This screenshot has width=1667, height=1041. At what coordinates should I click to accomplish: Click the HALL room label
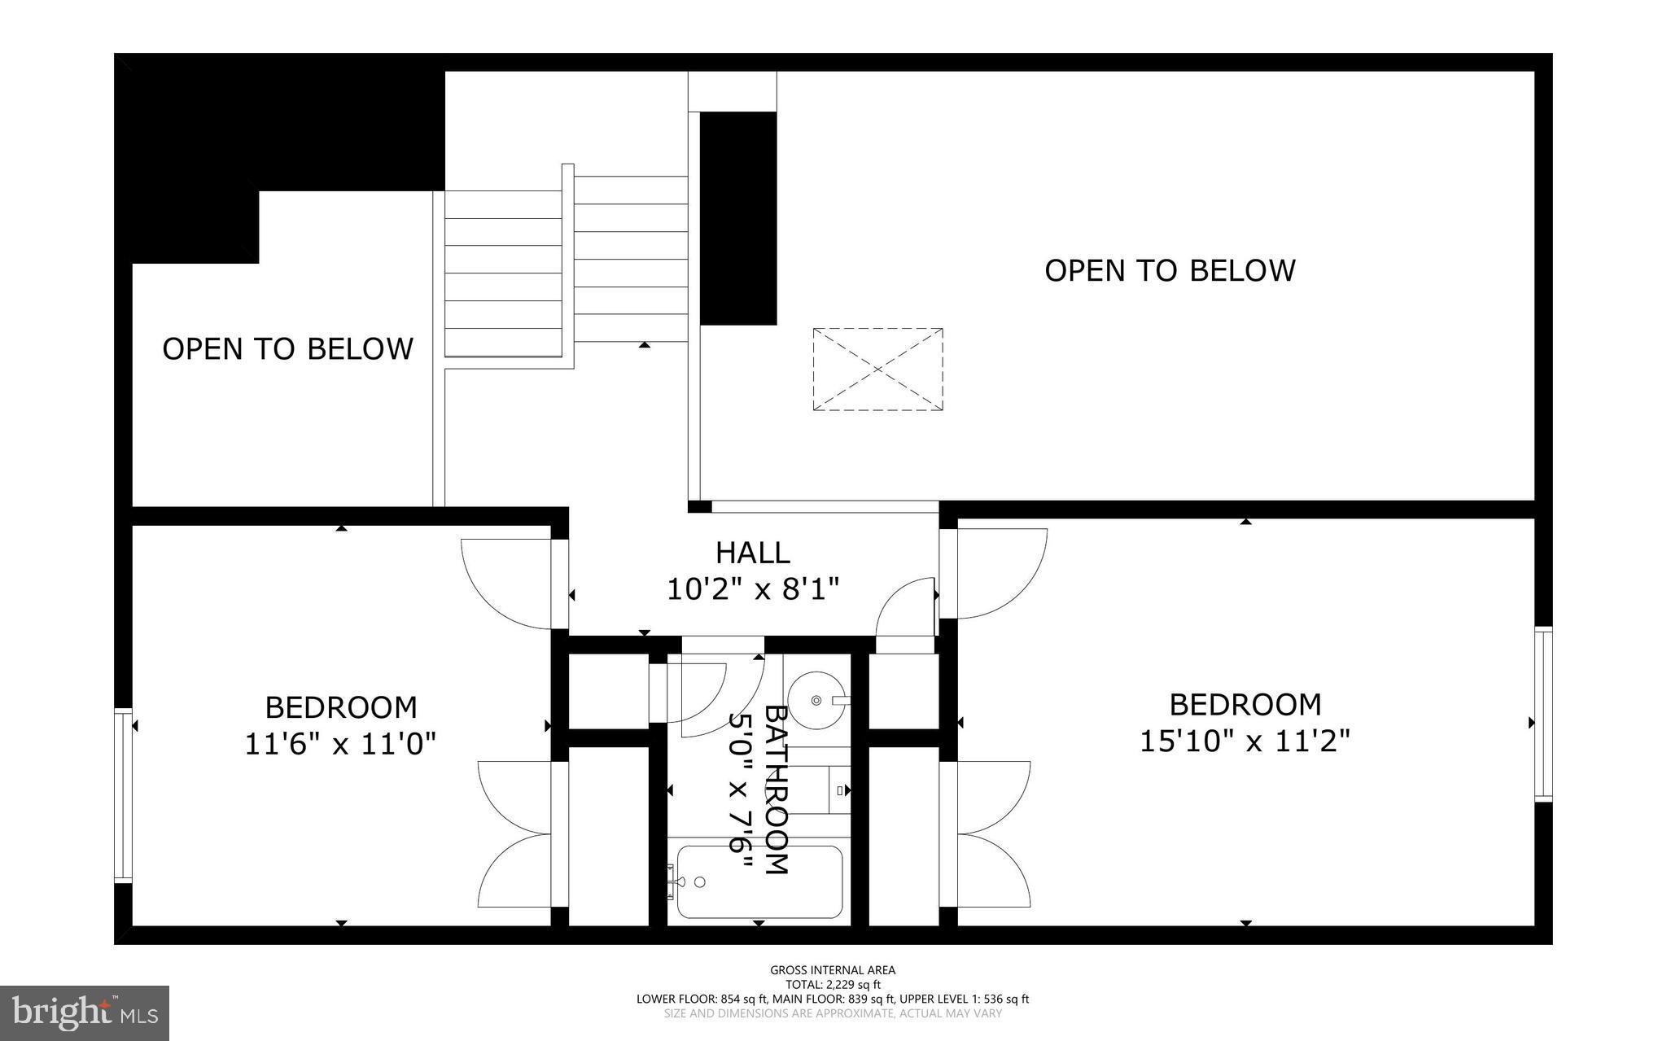point(752,553)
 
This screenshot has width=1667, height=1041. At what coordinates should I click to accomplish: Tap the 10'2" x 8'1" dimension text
point(752,588)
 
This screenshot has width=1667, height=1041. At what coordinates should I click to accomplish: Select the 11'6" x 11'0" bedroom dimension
point(341,743)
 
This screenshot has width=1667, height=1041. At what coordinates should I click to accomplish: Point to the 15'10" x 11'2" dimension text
point(1245,741)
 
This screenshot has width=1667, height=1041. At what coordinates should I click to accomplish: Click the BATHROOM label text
point(776,789)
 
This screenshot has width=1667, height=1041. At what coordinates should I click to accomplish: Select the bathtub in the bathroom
point(759,882)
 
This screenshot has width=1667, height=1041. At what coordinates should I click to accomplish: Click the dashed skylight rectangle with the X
point(877,370)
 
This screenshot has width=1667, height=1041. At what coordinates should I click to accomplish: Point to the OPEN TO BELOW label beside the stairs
point(287,349)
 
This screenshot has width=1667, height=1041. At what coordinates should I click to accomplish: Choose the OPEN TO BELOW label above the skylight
point(1169,270)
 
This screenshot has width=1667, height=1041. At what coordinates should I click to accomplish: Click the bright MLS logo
point(85,1013)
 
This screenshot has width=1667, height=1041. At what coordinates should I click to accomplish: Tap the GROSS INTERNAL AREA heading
point(833,969)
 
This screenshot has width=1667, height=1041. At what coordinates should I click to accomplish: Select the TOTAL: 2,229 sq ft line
point(833,984)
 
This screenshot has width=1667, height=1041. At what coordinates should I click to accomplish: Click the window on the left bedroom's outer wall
point(123,795)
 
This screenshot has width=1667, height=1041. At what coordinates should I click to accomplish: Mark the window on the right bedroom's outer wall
point(1543,714)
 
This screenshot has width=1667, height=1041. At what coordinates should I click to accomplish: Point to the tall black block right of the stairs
point(738,218)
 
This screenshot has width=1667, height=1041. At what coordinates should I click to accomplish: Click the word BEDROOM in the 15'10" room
point(1245,704)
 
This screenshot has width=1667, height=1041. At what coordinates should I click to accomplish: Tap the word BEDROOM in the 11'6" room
point(341,706)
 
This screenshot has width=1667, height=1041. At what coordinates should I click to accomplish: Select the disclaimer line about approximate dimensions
point(833,1013)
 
